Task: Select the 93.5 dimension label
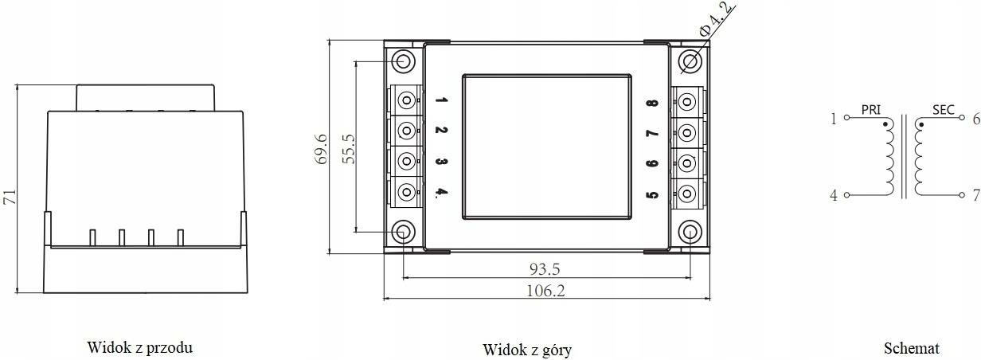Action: (545, 269)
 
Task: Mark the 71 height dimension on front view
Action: (10, 197)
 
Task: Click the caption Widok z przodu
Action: (140, 347)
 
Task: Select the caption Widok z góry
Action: (527, 350)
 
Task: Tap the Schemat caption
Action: (912, 348)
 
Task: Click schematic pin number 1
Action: (834, 119)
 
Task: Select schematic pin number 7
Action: (975, 195)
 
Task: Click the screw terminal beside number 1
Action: (407, 100)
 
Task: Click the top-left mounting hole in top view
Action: (404, 61)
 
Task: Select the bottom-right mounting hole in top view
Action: (690, 232)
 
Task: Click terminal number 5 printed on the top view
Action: (652, 194)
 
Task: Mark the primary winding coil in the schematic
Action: (889, 159)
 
